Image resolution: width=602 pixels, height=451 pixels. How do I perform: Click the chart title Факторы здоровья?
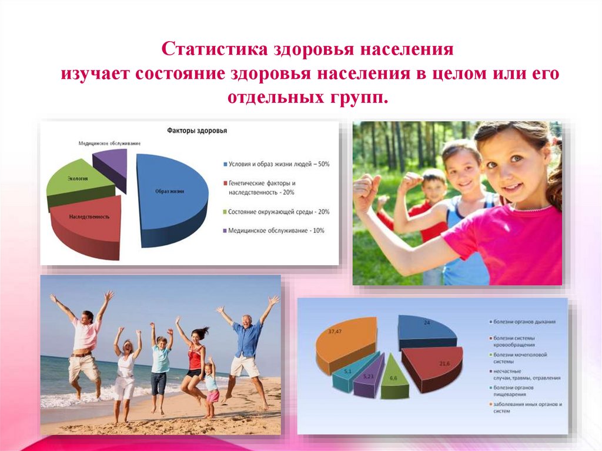[197, 131]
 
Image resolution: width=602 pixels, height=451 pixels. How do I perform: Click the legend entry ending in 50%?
[276, 164]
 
